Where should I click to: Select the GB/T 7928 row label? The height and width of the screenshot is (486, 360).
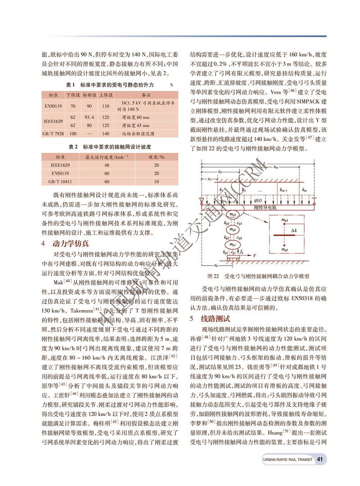pyautogui.click(x=53, y=134)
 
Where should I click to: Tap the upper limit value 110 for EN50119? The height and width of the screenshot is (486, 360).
pyautogui.click(x=106, y=106)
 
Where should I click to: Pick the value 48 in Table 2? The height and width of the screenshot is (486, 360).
pyautogui.click(x=107, y=165)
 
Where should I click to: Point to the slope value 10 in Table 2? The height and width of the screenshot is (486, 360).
pyautogui.click(x=156, y=181)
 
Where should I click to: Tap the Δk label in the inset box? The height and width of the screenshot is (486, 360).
pyautogui.click(x=294, y=230)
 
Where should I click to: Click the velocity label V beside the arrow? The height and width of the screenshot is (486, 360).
pyautogui.click(x=255, y=255)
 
